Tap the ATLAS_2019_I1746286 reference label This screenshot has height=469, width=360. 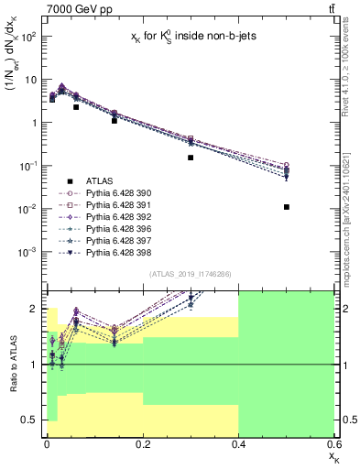(x=191, y=274)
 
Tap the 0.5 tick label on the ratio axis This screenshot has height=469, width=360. (x=30, y=420)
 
